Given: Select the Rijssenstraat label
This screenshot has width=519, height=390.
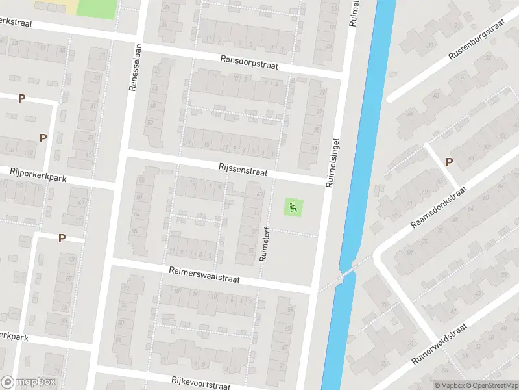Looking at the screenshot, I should [241, 169].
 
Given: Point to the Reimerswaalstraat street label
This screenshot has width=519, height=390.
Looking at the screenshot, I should [204, 274].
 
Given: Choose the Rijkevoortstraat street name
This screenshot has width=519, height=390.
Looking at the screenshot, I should [201, 383].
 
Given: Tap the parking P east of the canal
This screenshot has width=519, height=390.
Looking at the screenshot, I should [449, 162].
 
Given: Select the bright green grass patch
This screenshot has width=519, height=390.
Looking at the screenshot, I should [96, 8].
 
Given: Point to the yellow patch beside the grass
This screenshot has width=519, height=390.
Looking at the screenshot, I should [67, 6].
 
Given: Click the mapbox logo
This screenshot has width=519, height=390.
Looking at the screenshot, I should [29, 382].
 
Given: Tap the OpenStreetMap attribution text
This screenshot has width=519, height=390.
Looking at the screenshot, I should [492, 385].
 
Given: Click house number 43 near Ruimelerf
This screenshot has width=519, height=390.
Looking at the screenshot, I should [260, 194].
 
